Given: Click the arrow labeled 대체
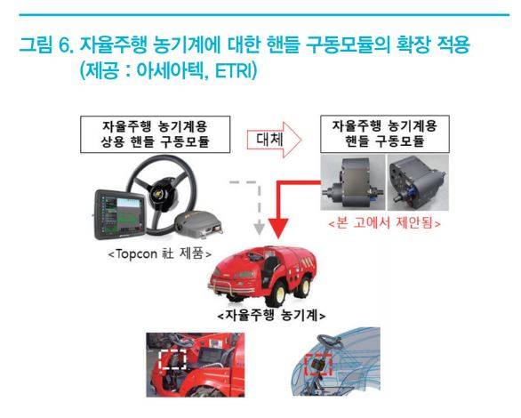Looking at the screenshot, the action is [x=274, y=140].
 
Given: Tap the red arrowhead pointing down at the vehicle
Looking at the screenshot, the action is [x=278, y=229].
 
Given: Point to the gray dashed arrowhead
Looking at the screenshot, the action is [x=260, y=229].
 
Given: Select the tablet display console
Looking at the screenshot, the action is [x=120, y=214].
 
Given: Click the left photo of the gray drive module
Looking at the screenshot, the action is [x=353, y=182].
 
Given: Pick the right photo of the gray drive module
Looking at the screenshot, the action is [x=418, y=182].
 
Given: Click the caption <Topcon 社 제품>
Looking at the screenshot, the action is [x=160, y=254].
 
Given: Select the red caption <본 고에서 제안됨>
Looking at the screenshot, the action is [x=384, y=222].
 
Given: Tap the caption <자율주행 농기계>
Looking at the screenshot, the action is [x=271, y=315].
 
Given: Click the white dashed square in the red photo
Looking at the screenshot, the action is [x=172, y=358].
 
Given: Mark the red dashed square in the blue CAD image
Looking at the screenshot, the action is [x=318, y=365].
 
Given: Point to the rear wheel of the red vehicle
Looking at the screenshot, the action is [x=303, y=285].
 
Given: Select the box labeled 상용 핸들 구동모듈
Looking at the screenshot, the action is [x=156, y=134].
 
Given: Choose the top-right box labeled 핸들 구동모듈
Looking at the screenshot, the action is [x=385, y=133].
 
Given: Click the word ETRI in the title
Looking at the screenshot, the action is [x=235, y=70].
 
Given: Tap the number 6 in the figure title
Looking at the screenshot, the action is [x=65, y=44].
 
